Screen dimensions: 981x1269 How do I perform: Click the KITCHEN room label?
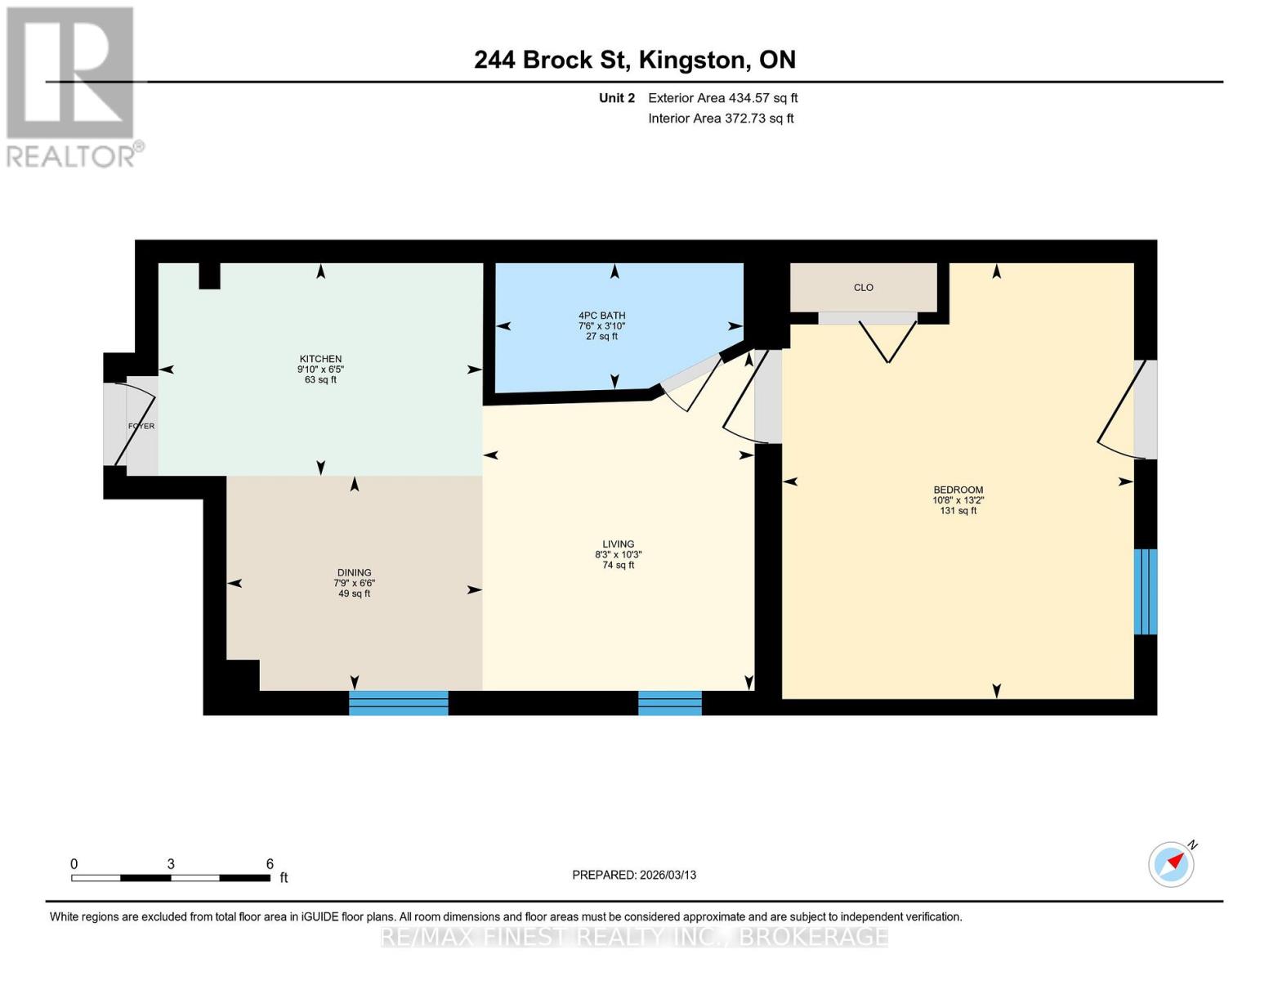(320, 359)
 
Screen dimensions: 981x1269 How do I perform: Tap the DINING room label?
(354, 572)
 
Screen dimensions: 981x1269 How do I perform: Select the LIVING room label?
(618, 544)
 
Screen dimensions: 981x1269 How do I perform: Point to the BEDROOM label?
(958, 490)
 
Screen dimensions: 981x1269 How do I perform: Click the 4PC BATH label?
(601, 316)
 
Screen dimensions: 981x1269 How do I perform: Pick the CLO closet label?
(864, 288)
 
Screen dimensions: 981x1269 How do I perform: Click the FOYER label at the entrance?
(141, 426)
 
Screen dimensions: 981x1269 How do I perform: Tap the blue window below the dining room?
(399, 703)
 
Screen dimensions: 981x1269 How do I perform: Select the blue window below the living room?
(669, 703)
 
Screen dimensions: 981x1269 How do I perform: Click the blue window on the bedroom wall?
(1146, 591)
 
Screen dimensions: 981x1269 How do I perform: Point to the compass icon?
(1171, 864)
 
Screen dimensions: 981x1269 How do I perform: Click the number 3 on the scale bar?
(171, 863)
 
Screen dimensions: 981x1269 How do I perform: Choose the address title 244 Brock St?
(634, 60)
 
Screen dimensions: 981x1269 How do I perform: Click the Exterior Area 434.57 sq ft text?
(722, 98)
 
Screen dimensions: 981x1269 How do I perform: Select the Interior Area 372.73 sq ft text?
(721, 119)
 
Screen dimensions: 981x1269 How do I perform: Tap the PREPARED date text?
(634, 875)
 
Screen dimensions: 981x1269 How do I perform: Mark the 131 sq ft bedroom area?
(958, 511)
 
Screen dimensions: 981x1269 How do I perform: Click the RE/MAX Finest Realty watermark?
(634, 936)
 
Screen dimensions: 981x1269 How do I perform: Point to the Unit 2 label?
(616, 98)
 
